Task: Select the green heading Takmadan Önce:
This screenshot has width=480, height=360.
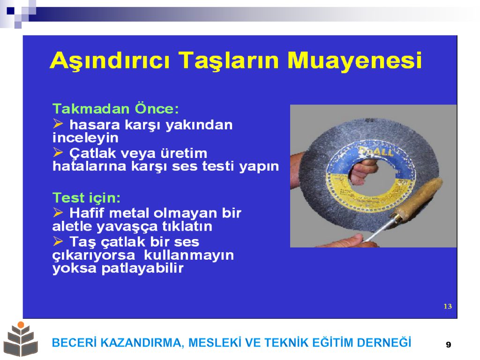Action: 116,109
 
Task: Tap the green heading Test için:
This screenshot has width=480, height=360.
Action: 87,198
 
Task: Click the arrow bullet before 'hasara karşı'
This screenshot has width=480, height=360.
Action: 58,124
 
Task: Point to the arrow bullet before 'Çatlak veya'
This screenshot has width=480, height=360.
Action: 58,152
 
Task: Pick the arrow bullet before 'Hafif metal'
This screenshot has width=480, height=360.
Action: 58,212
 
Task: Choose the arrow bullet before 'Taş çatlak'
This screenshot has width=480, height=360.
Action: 58,241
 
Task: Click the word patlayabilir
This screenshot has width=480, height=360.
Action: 142,269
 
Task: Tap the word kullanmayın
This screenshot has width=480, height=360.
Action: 188,255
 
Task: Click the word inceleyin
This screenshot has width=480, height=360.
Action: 85,138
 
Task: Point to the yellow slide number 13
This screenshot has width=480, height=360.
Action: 448,306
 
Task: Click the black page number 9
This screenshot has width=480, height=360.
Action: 449,345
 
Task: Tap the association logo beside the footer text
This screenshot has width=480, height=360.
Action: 21,339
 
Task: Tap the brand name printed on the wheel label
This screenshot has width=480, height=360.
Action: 375,152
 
